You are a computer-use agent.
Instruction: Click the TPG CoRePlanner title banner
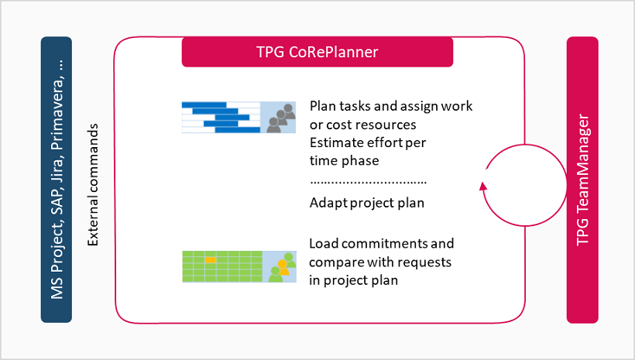pos(317,53)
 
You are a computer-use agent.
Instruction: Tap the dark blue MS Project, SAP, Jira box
pos(56,180)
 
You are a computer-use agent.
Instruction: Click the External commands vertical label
pos(94,185)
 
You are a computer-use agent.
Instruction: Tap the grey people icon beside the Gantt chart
pos(280,118)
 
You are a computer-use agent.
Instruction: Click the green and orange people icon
pos(281,268)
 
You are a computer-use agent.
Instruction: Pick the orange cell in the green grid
pos(211,259)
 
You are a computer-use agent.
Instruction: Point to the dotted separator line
pos(368,183)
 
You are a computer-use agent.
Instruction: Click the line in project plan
pos(353,280)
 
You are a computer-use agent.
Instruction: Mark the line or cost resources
pos(362,125)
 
